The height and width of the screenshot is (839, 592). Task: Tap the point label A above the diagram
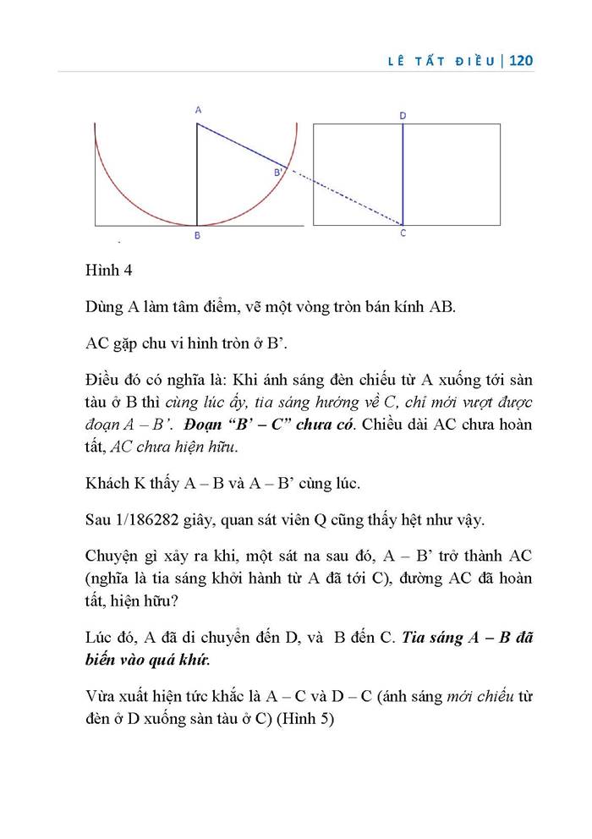[198, 110]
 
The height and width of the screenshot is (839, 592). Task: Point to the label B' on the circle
[277, 173]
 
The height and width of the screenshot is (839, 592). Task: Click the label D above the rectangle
[403, 115]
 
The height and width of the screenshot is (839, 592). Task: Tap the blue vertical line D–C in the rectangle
[403, 173]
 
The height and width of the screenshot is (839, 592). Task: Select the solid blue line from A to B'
[241, 145]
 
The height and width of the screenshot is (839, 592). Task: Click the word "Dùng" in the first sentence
[104, 307]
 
